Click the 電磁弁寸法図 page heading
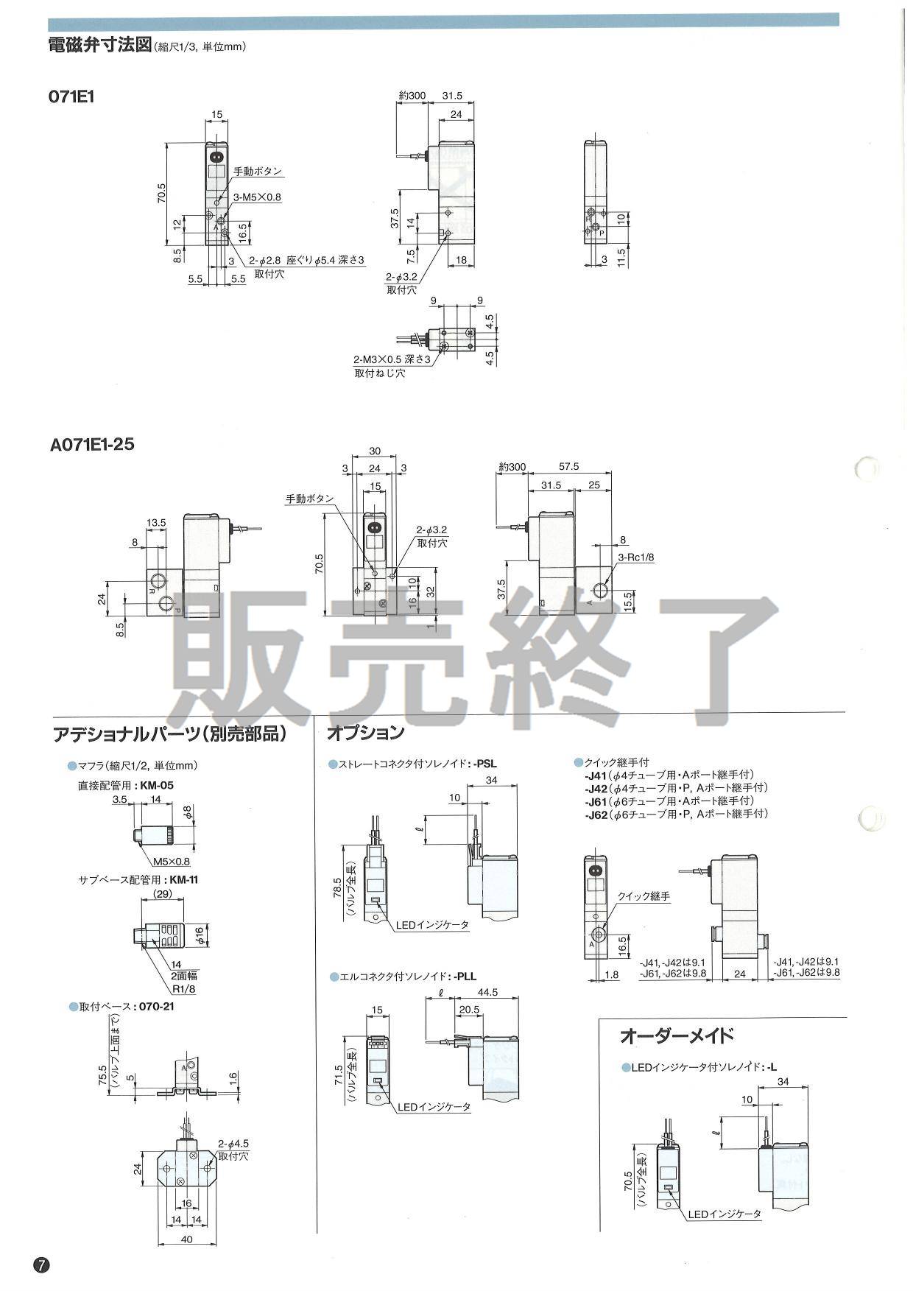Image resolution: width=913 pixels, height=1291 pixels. tap(99, 46)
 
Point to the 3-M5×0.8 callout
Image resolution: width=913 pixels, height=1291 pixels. tap(258, 197)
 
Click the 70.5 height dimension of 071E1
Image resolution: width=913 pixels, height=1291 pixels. tap(161, 194)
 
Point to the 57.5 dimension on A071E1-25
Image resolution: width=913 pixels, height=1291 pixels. tap(568, 466)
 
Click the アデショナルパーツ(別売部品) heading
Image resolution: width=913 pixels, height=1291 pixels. tap(170, 734)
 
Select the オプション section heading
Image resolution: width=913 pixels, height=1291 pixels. tap(365, 733)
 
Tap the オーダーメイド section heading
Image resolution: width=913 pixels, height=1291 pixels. tap(677, 1036)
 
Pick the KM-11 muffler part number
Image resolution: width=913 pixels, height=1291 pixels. tap(184, 879)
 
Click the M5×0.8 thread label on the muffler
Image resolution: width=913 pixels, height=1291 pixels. tap(171, 862)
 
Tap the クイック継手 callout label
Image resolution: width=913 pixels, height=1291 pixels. tap(643, 896)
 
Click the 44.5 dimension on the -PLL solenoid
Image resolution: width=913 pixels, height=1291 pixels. tap(487, 993)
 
